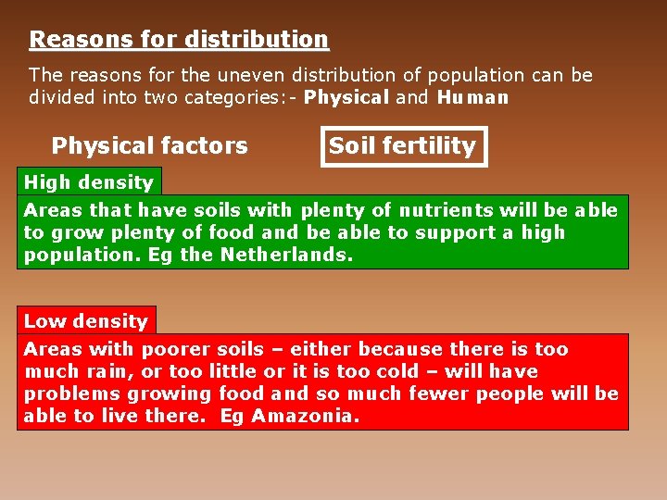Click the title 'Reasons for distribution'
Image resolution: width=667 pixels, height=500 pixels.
(179, 40)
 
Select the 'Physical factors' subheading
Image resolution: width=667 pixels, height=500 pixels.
(149, 145)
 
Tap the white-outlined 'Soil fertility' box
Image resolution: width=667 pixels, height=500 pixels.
(403, 145)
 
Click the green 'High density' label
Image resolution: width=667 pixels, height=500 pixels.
(88, 182)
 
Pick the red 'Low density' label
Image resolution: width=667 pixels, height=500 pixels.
(86, 321)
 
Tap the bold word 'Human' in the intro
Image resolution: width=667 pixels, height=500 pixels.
(472, 97)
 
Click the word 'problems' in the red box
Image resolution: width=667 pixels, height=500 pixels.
(65, 394)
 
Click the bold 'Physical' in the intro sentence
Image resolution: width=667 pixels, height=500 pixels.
(346, 97)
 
